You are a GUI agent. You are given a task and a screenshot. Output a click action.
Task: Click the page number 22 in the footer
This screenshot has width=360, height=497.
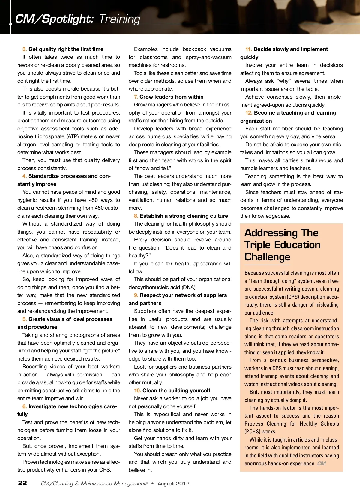pos(22,483)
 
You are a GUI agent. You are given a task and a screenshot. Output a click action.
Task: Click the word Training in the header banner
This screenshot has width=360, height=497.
pos(119,19)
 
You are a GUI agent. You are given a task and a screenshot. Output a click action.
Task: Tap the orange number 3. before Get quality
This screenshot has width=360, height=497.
pos(25,49)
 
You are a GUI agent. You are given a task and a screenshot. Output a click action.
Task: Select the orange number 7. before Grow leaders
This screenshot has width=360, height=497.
pos(136,97)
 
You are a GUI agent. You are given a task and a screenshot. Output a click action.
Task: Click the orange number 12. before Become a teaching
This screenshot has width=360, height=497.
pos(249,113)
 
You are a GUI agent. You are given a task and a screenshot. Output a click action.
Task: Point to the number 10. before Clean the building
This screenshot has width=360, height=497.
pos(137,391)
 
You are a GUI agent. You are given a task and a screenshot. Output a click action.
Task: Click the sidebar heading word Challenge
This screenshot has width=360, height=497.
pos(267,257)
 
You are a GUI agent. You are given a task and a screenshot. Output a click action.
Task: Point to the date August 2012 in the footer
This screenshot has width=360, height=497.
pos(173,484)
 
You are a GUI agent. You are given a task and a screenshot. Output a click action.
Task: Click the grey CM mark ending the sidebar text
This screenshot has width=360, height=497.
pos(321,463)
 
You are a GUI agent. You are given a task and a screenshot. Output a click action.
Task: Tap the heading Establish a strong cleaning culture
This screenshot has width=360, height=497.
pos(184,216)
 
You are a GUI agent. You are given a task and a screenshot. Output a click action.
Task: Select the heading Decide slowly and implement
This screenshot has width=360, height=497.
pos(290,49)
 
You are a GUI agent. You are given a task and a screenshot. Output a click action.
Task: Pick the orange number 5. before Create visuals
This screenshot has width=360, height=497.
pos(25,319)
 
